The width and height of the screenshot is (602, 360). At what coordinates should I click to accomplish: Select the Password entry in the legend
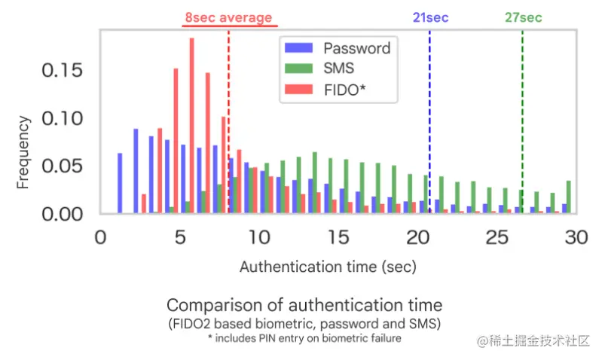[x=356, y=49]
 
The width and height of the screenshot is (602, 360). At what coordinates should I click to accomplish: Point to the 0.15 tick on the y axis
[x=63, y=71]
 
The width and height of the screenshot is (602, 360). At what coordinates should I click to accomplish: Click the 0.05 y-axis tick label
[x=63, y=166]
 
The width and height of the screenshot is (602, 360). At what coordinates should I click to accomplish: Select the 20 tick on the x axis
[x=417, y=237]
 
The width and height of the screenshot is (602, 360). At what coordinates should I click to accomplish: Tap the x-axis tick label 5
[x=179, y=237]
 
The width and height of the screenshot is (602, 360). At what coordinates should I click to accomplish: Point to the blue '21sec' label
[x=429, y=17]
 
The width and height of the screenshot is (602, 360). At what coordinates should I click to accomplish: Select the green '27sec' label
[x=523, y=17]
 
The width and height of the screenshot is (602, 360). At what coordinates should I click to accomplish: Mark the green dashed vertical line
[x=522, y=113]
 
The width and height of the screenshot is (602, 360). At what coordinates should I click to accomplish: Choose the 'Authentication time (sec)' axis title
[x=328, y=267]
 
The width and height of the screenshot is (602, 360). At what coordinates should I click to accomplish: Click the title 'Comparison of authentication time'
[x=304, y=306]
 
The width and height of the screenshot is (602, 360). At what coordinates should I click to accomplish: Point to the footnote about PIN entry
[x=304, y=338]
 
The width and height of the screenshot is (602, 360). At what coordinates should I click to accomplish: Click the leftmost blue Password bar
[x=120, y=183]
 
